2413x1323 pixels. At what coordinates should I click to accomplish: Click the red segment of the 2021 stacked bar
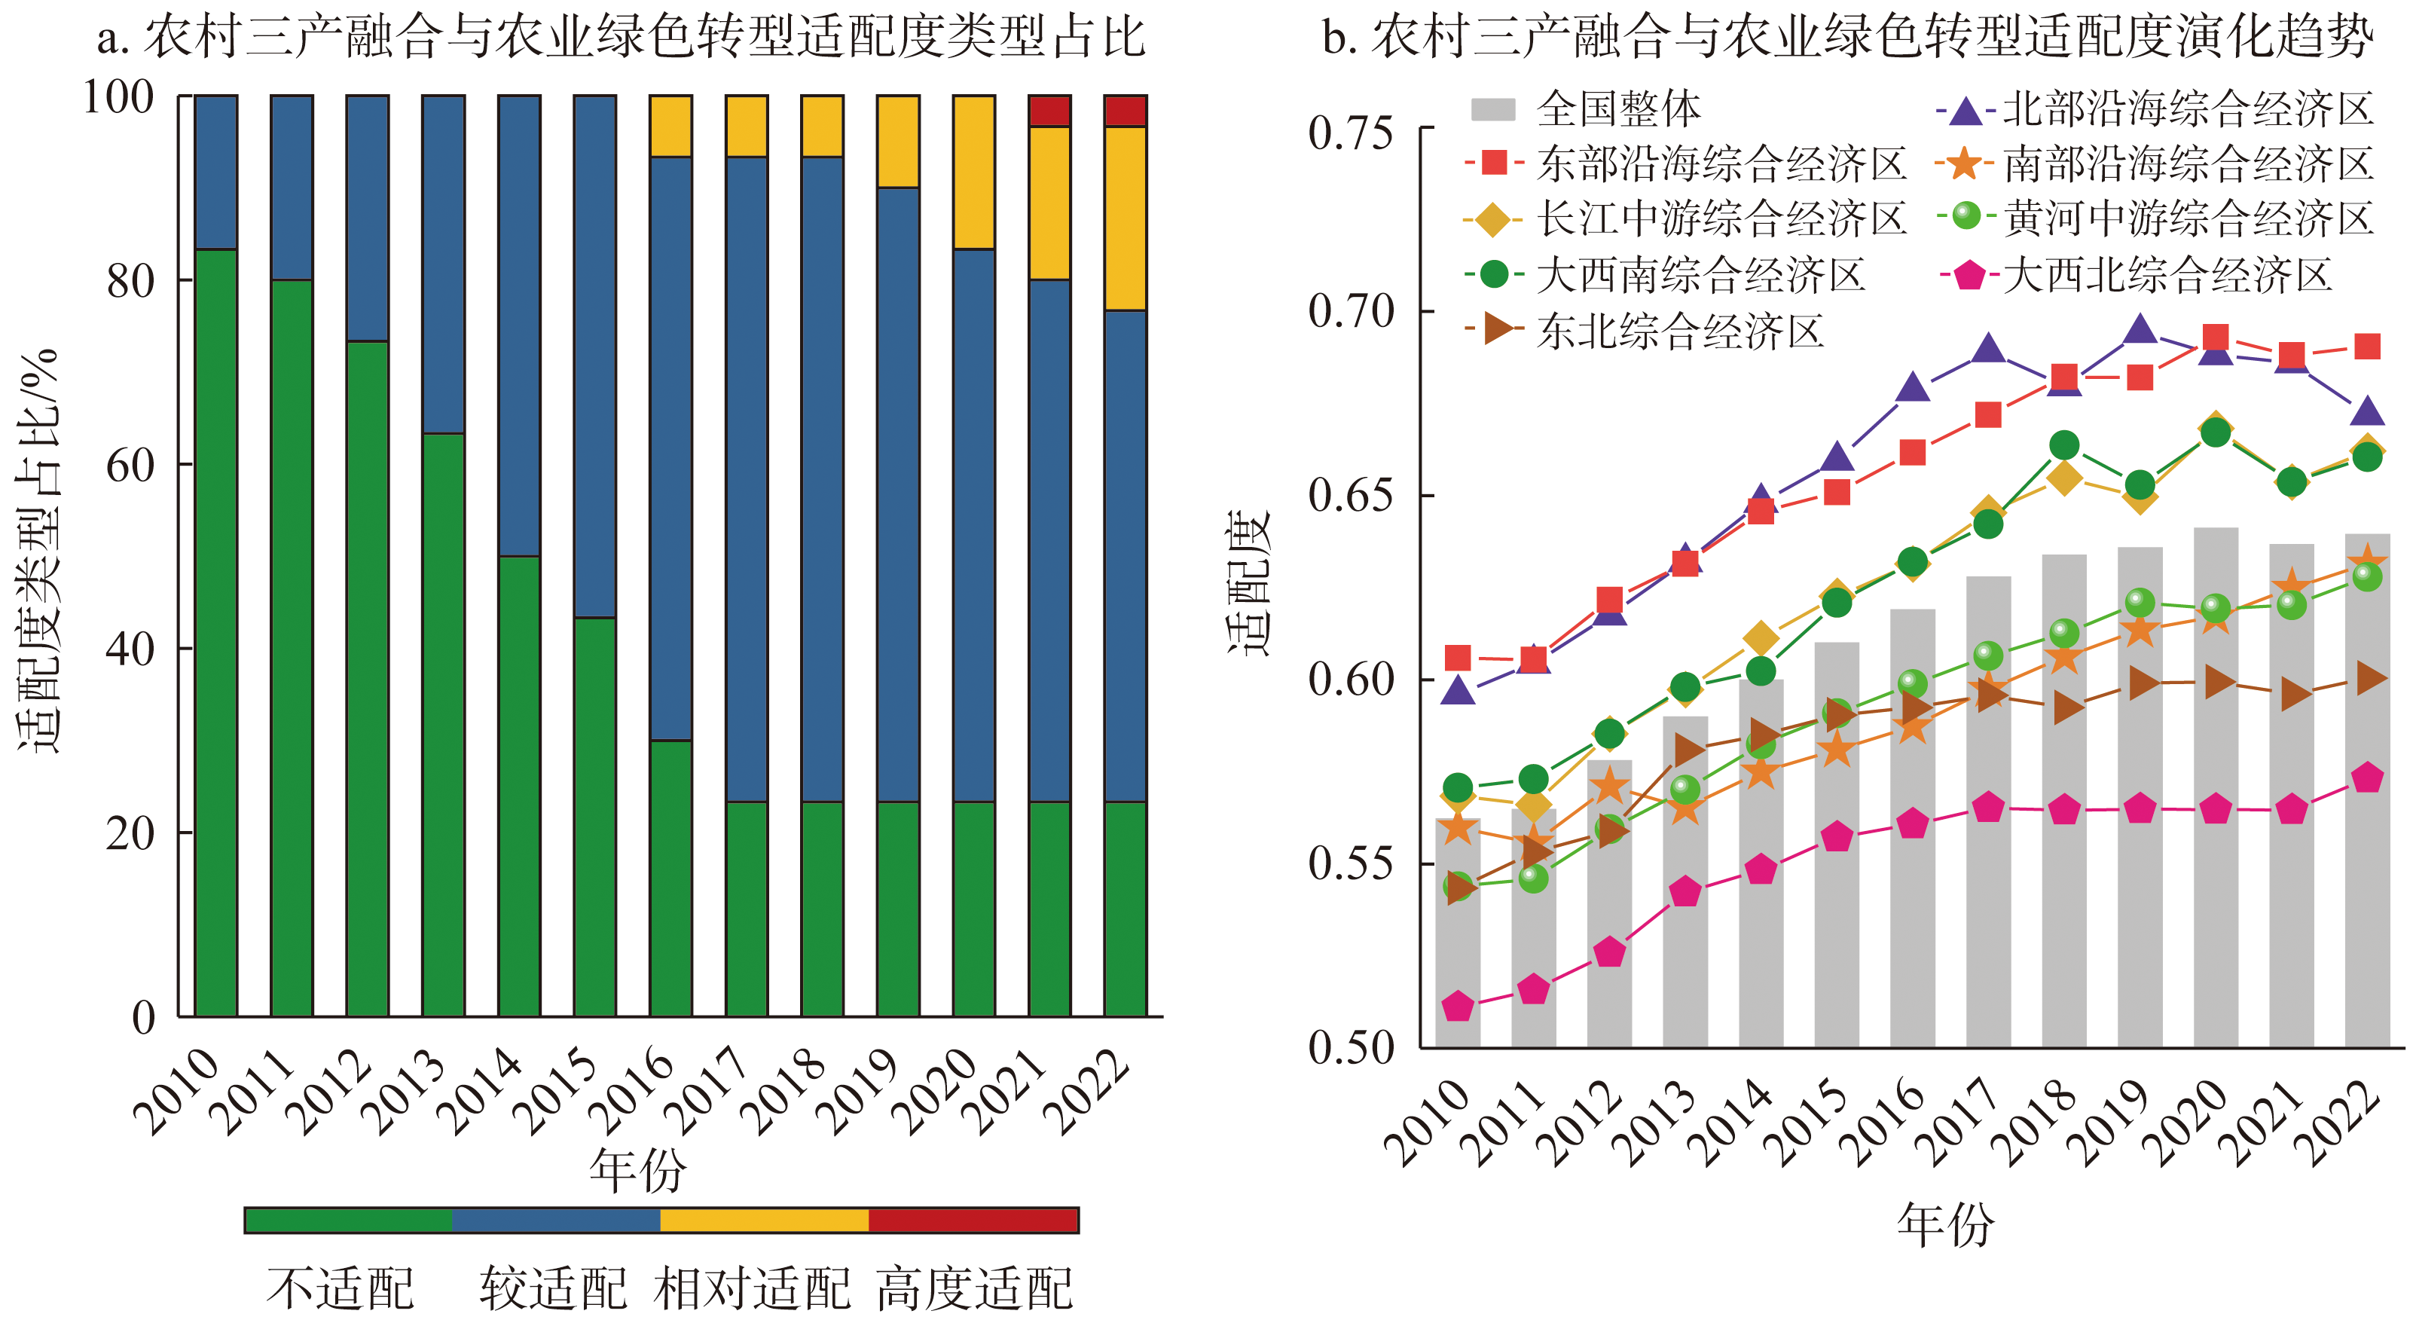click(1049, 111)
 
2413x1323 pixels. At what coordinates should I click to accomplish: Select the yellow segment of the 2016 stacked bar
click(670, 126)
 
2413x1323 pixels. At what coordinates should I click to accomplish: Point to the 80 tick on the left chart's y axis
click(130, 280)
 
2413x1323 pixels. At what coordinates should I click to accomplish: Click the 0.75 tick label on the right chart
click(1350, 133)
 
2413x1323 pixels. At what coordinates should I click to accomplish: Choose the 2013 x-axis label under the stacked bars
click(404, 1092)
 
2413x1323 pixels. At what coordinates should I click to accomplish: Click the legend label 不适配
click(339, 1288)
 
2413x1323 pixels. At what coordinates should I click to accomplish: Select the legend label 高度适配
click(974, 1288)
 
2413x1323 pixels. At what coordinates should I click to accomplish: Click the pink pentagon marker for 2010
click(1458, 1007)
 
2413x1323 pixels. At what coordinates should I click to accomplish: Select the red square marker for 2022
click(2367, 347)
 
